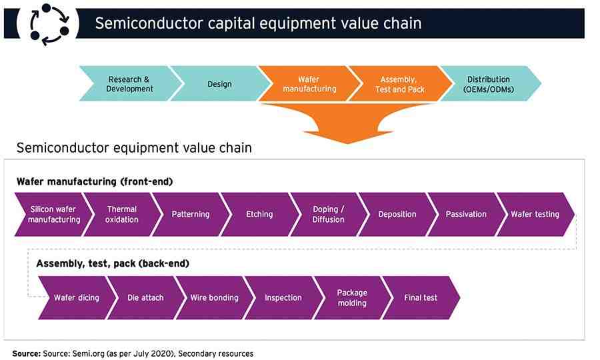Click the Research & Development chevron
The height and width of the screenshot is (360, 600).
[129, 84]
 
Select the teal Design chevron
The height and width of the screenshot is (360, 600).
[219, 84]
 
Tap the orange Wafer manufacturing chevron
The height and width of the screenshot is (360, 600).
[309, 84]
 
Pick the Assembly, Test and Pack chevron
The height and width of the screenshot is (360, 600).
[399, 84]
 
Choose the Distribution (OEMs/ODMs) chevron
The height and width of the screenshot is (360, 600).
[488, 84]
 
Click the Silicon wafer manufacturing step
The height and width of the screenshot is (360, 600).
[54, 215]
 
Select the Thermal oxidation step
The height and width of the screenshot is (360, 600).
[122, 215]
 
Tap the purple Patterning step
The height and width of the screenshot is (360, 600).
[191, 215]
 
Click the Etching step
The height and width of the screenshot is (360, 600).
[259, 215]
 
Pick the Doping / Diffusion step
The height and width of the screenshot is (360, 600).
[328, 215]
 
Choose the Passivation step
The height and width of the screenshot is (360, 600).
[466, 215]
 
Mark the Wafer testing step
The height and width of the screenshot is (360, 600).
[535, 215]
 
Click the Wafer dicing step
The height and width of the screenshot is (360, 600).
[77, 298]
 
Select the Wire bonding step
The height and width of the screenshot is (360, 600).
[214, 298]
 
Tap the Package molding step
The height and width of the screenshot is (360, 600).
[351, 298]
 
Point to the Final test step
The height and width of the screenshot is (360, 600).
[421, 298]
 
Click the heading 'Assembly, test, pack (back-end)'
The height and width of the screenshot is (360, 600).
[113, 263]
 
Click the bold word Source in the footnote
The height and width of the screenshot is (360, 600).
[26, 353]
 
